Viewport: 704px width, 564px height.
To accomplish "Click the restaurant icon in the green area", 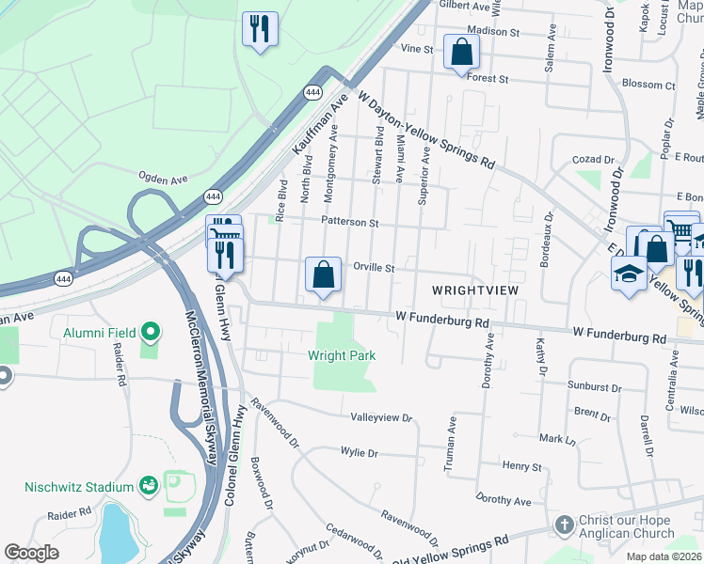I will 258,27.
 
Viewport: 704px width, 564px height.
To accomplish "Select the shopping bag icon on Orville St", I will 323,274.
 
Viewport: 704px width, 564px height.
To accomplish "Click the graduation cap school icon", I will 628,274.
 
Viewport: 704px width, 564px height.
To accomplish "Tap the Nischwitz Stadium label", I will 79,487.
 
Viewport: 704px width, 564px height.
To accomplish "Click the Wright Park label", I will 342,355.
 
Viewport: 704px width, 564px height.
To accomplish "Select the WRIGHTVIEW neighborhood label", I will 474,290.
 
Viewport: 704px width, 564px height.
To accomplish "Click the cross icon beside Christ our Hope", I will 563,525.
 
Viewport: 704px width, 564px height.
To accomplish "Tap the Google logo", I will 32,553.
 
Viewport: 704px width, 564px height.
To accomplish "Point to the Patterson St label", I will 349,223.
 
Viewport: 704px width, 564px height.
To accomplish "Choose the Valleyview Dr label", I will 381,416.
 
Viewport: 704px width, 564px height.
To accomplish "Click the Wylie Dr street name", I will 359,452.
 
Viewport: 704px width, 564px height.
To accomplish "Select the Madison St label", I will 493,31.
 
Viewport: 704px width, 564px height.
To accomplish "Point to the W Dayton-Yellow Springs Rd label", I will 424,129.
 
